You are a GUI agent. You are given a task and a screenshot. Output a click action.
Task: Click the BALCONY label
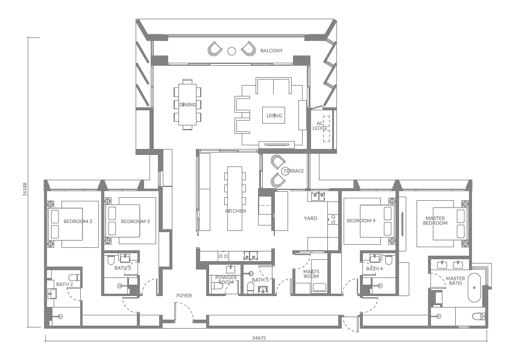272,51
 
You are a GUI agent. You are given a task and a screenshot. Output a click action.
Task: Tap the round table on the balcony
231,51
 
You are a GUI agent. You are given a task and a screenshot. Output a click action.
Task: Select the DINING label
187,104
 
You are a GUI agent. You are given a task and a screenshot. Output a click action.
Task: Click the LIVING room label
274,116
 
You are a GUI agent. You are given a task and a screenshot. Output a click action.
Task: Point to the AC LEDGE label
320,126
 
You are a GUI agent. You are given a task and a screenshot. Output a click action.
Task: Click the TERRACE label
293,171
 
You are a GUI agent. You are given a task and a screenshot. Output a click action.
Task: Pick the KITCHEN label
235,211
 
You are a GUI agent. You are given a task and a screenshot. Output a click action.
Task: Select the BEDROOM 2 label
78,221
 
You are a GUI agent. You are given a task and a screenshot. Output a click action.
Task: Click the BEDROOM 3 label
135,221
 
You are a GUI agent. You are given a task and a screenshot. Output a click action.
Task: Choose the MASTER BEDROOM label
436,221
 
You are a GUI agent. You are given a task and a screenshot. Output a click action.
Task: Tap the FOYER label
184,295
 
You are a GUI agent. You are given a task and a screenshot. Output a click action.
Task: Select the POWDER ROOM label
225,280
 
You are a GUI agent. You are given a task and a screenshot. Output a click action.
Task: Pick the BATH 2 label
64,284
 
